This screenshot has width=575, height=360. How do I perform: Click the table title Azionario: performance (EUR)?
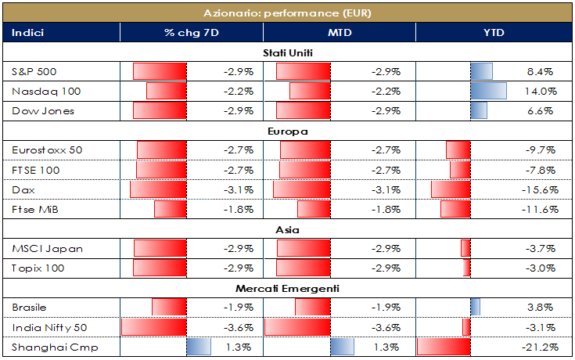click(x=287, y=13)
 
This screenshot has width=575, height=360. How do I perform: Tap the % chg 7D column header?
click(x=191, y=33)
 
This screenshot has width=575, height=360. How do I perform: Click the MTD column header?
click(x=338, y=33)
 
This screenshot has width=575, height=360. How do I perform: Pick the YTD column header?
click(x=494, y=33)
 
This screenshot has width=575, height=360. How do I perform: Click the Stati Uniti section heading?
click(x=287, y=53)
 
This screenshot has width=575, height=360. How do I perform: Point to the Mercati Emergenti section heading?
click(x=287, y=289)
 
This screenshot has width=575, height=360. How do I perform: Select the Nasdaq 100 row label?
click(x=47, y=92)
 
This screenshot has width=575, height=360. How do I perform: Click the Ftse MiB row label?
click(x=35, y=209)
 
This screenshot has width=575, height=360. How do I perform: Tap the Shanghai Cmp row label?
click(x=44, y=347)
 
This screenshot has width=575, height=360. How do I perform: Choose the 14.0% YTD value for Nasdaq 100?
click(x=541, y=92)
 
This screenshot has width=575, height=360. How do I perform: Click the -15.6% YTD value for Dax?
click(x=539, y=189)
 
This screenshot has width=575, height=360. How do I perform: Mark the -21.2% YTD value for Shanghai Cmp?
click(x=539, y=347)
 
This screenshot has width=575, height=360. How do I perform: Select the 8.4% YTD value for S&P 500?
click(x=542, y=72)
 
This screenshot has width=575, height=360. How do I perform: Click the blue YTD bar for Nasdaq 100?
click(x=488, y=92)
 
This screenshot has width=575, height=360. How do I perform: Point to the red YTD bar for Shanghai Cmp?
click(x=444, y=347)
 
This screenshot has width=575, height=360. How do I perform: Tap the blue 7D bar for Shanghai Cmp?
click(x=199, y=347)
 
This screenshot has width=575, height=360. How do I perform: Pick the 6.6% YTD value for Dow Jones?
click(x=542, y=111)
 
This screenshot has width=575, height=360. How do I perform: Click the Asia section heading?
click(x=287, y=230)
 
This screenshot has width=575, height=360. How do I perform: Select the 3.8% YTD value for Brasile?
click(x=542, y=308)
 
